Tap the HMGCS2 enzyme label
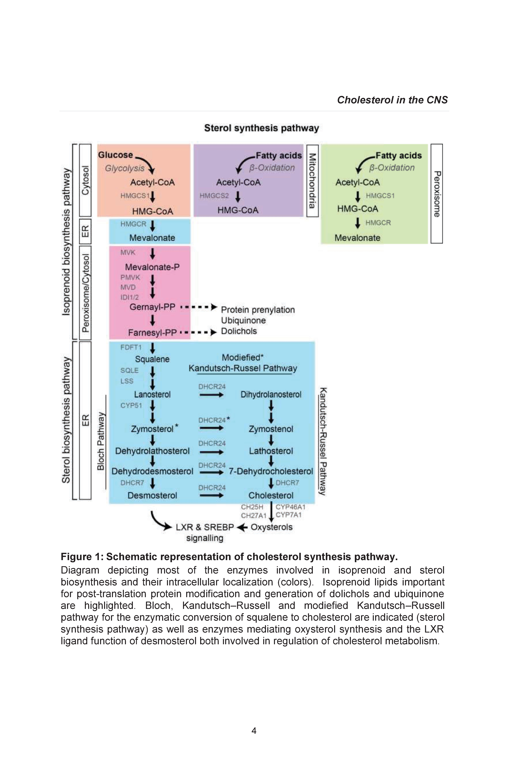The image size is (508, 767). pyautogui.click(x=214, y=196)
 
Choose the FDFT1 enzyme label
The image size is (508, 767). pyautogui.click(x=131, y=347)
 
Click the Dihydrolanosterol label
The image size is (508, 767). pyautogui.click(x=271, y=395)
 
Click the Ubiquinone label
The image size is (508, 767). pyautogui.click(x=243, y=320)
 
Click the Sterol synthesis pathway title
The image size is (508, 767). pyautogui.click(x=261, y=128)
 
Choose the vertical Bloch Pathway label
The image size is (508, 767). pyautogui.click(x=101, y=441)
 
